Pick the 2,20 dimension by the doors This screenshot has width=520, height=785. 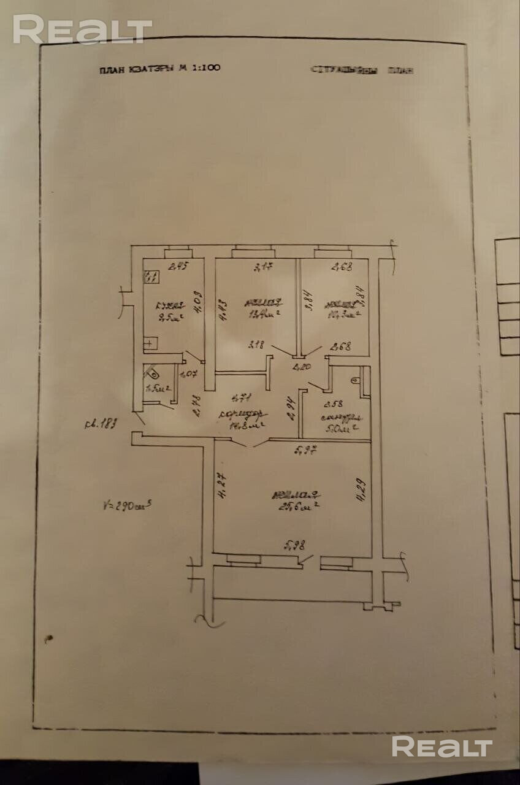301,368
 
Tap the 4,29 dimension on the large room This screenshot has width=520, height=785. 360,491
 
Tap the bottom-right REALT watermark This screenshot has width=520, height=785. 442,747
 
